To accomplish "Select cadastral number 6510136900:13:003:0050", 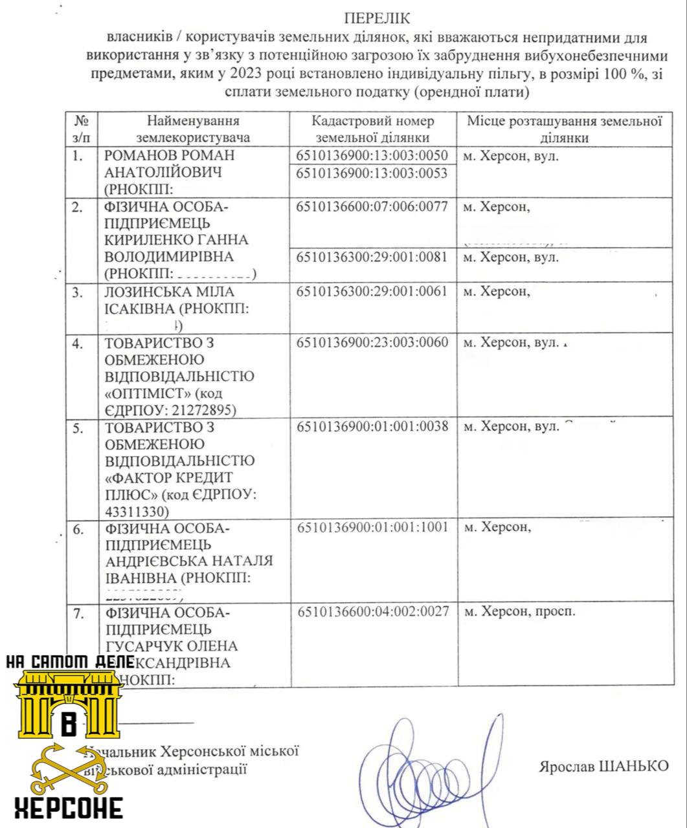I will [x=372, y=156].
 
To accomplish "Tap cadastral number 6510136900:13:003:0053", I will [x=372, y=173].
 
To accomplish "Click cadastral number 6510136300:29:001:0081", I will [x=372, y=257].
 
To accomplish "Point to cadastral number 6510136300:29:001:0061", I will [x=372, y=291].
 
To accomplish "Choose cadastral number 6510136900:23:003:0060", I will [x=372, y=342].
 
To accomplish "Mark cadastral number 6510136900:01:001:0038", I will [x=372, y=427].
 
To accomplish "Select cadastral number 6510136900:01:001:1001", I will [x=372, y=527].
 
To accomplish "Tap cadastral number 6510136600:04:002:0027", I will [x=372, y=611].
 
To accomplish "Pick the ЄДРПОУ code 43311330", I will [x=136, y=512].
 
